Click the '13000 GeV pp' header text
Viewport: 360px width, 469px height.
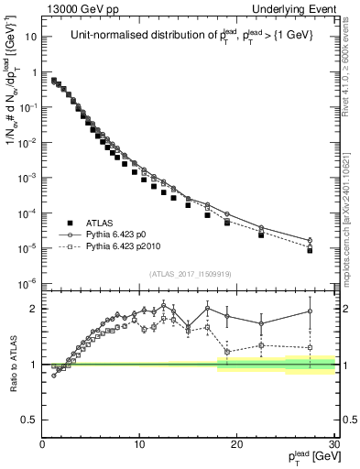tap(77, 8)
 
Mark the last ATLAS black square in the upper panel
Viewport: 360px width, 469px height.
tap(311, 250)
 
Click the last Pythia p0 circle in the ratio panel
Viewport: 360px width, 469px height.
tap(311, 311)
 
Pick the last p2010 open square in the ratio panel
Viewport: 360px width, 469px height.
tap(311, 347)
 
